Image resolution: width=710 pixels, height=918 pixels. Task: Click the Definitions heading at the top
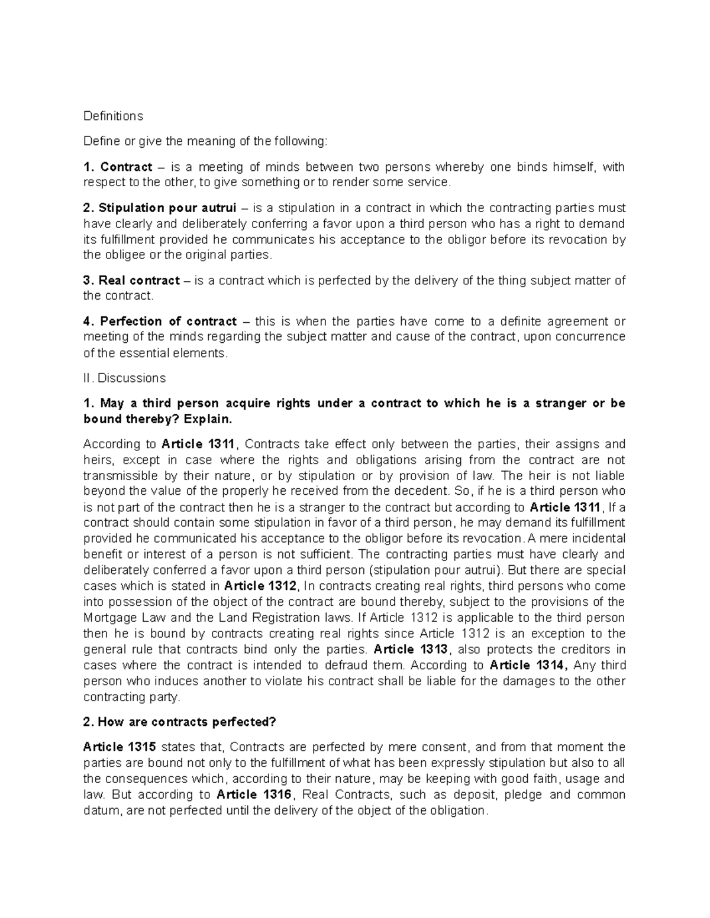pos(113,116)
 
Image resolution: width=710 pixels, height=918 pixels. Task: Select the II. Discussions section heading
pos(125,378)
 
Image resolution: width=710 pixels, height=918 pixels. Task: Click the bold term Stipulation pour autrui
pos(167,208)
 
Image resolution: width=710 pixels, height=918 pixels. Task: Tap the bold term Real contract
pos(139,280)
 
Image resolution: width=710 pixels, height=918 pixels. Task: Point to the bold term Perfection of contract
pos(168,321)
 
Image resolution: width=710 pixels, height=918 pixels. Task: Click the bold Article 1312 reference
pos(260,586)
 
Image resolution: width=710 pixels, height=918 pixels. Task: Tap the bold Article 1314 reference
pos(529,665)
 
